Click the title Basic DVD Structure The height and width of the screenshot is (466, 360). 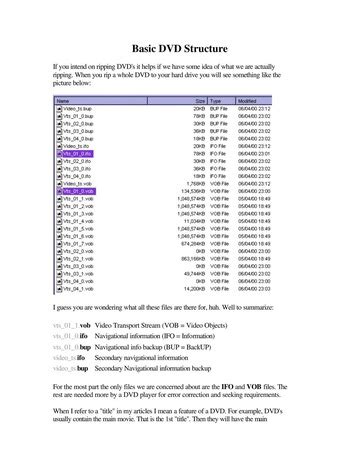pyautogui.click(x=180, y=47)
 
